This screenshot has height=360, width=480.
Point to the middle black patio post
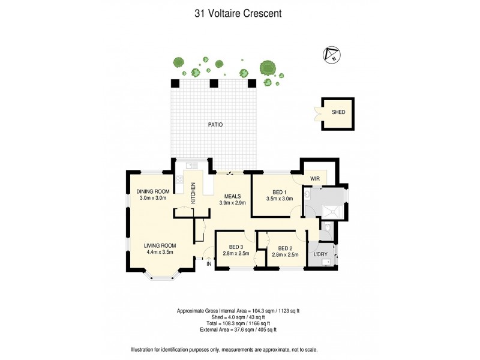click(x=213, y=83)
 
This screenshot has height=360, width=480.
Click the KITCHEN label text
click(x=193, y=193)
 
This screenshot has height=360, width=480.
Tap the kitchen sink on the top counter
click(x=193, y=166)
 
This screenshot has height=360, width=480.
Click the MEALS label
click(x=233, y=196)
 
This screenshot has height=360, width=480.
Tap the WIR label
click(x=315, y=179)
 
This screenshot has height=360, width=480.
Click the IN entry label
click(x=209, y=264)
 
